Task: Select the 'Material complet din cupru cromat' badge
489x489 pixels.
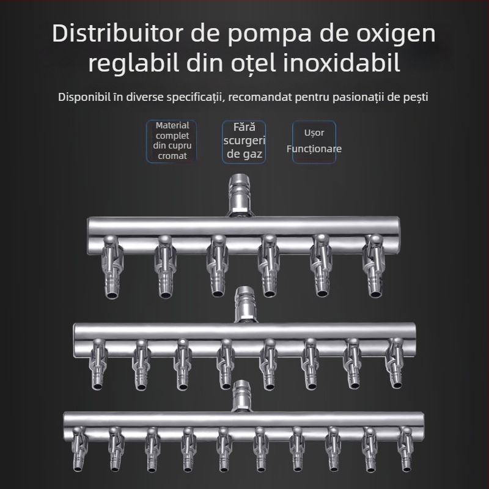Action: click(171, 141)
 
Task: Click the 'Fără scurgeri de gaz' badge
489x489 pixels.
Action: click(244, 141)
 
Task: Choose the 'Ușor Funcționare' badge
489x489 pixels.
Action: click(314, 141)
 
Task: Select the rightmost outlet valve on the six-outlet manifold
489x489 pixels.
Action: click(372, 265)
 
